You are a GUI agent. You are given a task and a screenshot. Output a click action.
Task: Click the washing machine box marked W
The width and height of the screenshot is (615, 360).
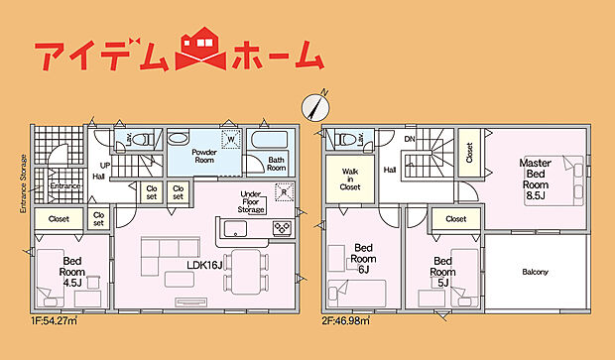click(x=230, y=141)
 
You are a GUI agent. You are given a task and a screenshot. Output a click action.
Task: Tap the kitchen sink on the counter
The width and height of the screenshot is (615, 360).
click(x=238, y=229)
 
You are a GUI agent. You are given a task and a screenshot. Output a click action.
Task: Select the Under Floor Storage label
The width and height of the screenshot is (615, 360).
click(x=251, y=202)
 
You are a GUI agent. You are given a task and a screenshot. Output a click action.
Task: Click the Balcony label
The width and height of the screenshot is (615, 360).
click(x=537, y=271)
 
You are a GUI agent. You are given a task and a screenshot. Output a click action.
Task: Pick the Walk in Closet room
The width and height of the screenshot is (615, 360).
click(x=349, y=178)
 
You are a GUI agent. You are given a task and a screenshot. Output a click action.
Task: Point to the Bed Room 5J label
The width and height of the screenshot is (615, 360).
click(x=442, y=265)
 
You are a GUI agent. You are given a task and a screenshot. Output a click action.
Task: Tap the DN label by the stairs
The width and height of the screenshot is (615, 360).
click(x=408, y=140)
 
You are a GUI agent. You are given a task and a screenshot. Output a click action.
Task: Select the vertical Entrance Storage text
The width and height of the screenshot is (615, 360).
click(x=20, y=178)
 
